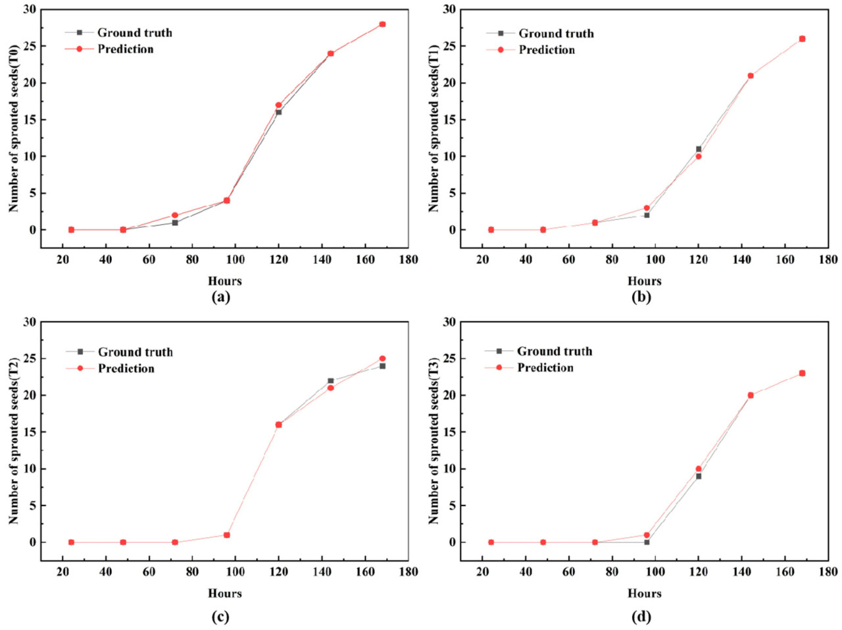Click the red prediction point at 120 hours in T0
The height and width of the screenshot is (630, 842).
click(278, 105)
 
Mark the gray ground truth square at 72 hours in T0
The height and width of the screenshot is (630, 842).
click(175, 223)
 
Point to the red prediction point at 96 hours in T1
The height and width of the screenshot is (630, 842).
click(647, 208)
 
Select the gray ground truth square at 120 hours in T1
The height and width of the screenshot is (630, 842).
click(699, 149)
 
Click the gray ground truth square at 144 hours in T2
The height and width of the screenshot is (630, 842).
click(330, 381)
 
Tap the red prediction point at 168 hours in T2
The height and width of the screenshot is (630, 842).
click(382, 359)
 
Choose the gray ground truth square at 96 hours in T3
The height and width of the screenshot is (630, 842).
click(647, 542)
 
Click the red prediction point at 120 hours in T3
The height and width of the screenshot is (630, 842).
click(699, 469)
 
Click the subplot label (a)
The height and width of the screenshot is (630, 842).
click(221, 297)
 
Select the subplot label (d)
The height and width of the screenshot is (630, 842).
click(641, 617)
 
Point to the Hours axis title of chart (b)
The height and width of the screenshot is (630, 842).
click(644, 281)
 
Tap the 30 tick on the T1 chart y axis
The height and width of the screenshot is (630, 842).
click(449, 10)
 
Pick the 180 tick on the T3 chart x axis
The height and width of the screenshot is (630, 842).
click(828, 572)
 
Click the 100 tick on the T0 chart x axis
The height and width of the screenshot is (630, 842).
click(235, 259)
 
